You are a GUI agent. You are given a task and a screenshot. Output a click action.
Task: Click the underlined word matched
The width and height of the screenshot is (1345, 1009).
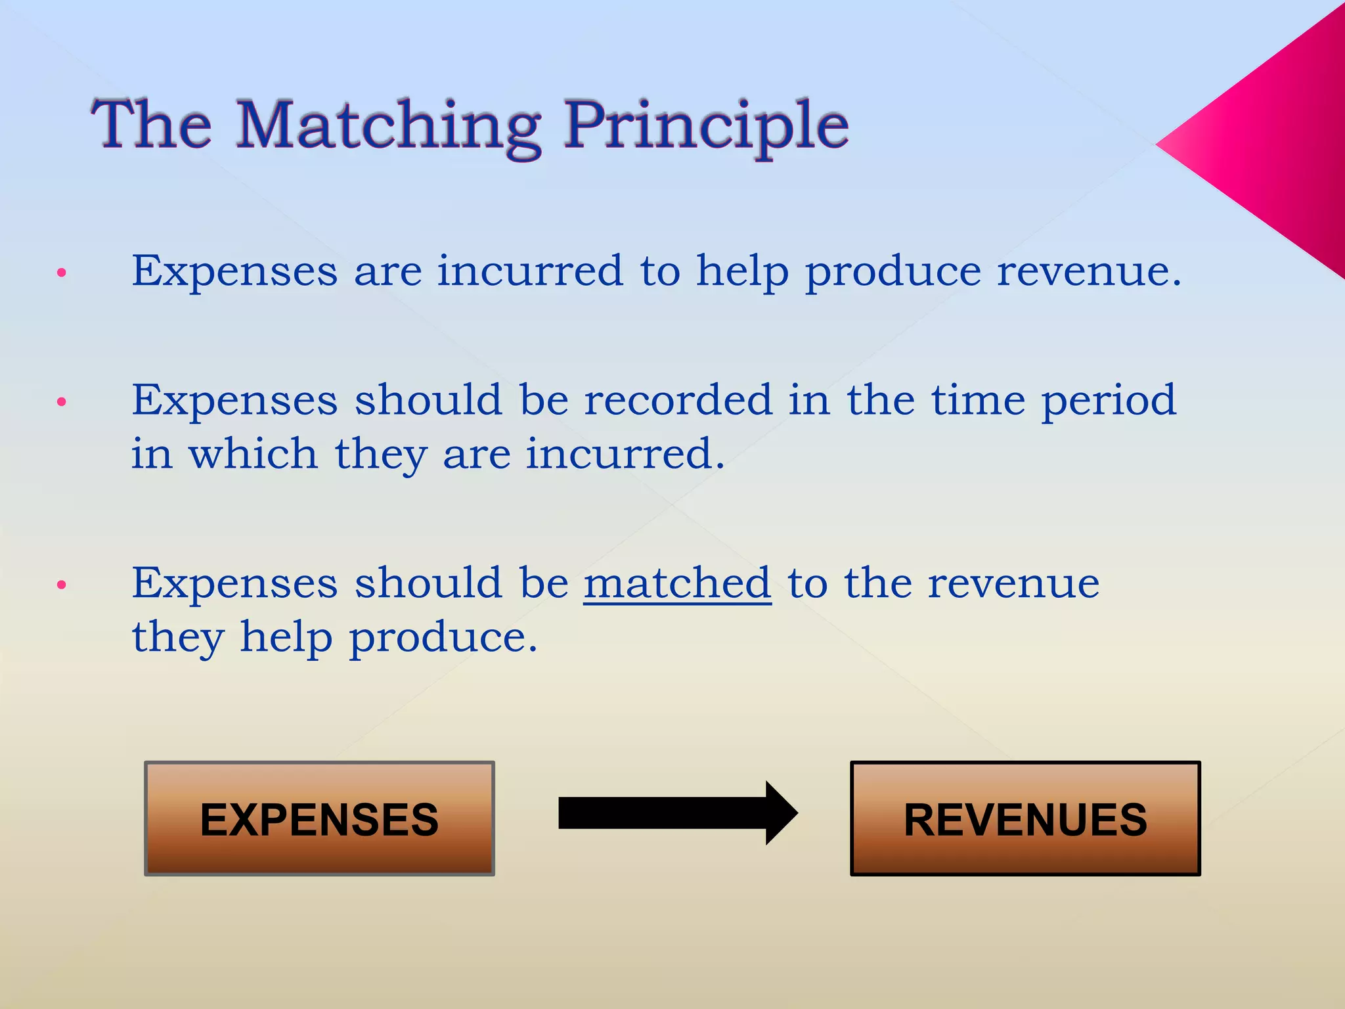coord(677,583)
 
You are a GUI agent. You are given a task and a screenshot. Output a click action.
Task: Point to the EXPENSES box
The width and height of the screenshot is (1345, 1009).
coord(319,818)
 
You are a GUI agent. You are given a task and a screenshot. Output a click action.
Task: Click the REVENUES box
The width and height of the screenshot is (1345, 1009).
coord(1025,818)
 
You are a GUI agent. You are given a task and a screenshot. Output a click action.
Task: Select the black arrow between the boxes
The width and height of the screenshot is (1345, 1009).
coord(676,813)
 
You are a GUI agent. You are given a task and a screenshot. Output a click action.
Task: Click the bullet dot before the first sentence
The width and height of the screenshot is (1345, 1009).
coord(62,273)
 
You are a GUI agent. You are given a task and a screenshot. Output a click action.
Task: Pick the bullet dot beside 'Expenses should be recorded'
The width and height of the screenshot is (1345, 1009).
coord(62,402)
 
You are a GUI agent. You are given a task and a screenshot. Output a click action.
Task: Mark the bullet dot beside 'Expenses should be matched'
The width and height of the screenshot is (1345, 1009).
coord(62,585)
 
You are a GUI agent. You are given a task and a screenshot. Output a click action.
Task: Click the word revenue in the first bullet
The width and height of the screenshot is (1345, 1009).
coord(1088,272)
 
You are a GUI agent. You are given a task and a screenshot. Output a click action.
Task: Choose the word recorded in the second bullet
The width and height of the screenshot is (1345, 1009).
coord(678,399)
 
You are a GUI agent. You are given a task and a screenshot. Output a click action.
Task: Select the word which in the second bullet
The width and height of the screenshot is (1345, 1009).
coord(254,453)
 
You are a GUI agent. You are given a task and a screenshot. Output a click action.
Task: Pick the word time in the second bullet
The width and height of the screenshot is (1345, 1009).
coord(978,399)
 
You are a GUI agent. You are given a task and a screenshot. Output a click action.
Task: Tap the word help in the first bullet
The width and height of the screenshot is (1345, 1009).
coord(742,272)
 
